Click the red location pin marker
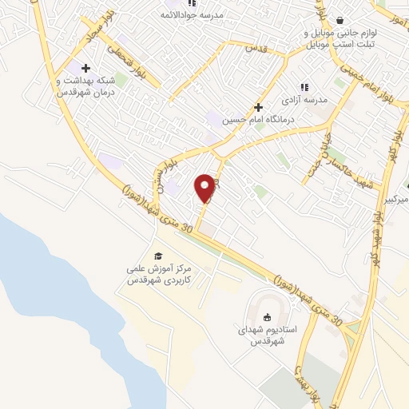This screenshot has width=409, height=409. pos(205,188)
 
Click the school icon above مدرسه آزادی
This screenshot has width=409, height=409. pos(304,87)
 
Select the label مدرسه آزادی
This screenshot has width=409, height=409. pos(304,101)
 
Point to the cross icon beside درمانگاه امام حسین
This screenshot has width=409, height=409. pos(258,106)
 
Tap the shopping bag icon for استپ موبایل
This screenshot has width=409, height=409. pos(340,21)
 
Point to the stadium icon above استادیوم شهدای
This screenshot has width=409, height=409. pos(268,314)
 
